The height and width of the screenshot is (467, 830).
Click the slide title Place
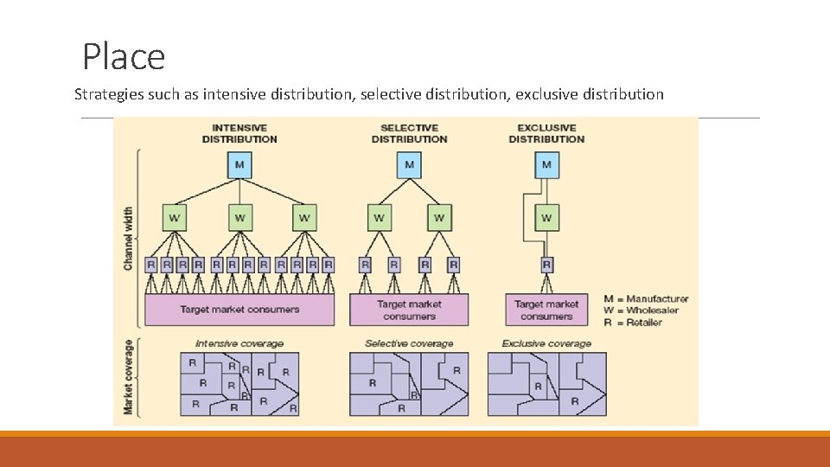point(124,57)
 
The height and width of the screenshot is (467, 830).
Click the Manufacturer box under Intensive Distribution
point(239,165)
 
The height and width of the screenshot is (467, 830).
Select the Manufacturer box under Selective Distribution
point(409,165)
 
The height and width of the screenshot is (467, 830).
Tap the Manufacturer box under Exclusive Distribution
point(546,165)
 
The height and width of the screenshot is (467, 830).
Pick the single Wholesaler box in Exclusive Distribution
point(546,218)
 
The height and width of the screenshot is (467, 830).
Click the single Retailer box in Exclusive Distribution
point(546,265)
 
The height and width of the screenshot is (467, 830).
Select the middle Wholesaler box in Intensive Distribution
point(239,218)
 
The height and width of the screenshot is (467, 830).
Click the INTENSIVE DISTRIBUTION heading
point(239,133)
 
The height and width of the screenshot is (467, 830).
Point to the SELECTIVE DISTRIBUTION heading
point(409,133)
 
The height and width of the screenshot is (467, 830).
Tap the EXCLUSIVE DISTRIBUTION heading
point(546,133)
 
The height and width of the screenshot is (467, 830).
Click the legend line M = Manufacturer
point(646,298)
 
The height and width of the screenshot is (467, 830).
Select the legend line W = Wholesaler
point(641,310)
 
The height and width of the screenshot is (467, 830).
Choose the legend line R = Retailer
point(633,323)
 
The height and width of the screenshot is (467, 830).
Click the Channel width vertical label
point(128,239)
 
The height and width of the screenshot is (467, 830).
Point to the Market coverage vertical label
point(128,377)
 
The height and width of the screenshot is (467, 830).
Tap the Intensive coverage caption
point(239,343)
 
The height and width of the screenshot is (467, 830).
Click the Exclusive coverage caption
point(546,343)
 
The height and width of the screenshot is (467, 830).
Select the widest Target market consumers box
point(239,310)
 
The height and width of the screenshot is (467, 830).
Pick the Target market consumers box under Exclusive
point(546,310)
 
